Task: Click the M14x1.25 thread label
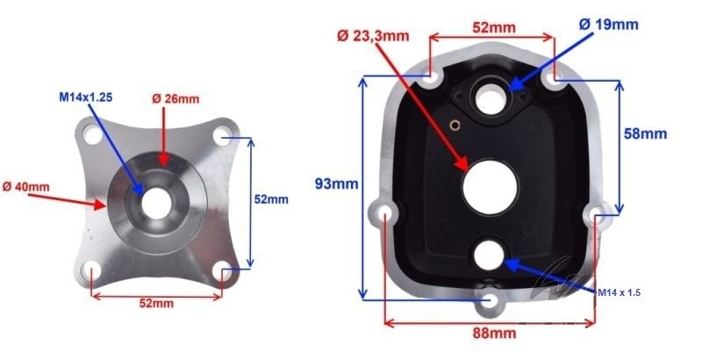click(86, 96)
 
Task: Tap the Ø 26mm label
click(175, 99)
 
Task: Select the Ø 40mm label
click(26, 186)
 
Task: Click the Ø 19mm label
click(608, 24)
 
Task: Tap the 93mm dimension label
click(337, 184)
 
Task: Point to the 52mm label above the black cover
click(491, 27)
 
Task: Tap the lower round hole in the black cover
click(490, 255)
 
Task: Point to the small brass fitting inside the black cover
click(455, 124)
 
